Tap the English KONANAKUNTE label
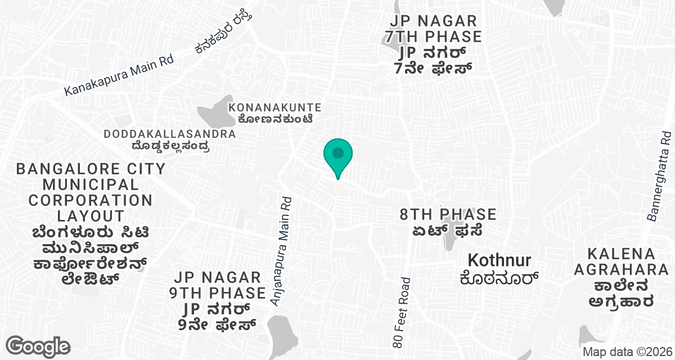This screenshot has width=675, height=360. [x=274, y=107]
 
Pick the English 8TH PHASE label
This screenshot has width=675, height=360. [x=448, y=214]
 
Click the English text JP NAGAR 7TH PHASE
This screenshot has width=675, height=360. [x=434, y=29]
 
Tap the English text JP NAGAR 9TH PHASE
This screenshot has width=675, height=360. [x=218, y=285]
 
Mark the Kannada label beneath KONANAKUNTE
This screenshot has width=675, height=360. [x=274, y=119]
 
